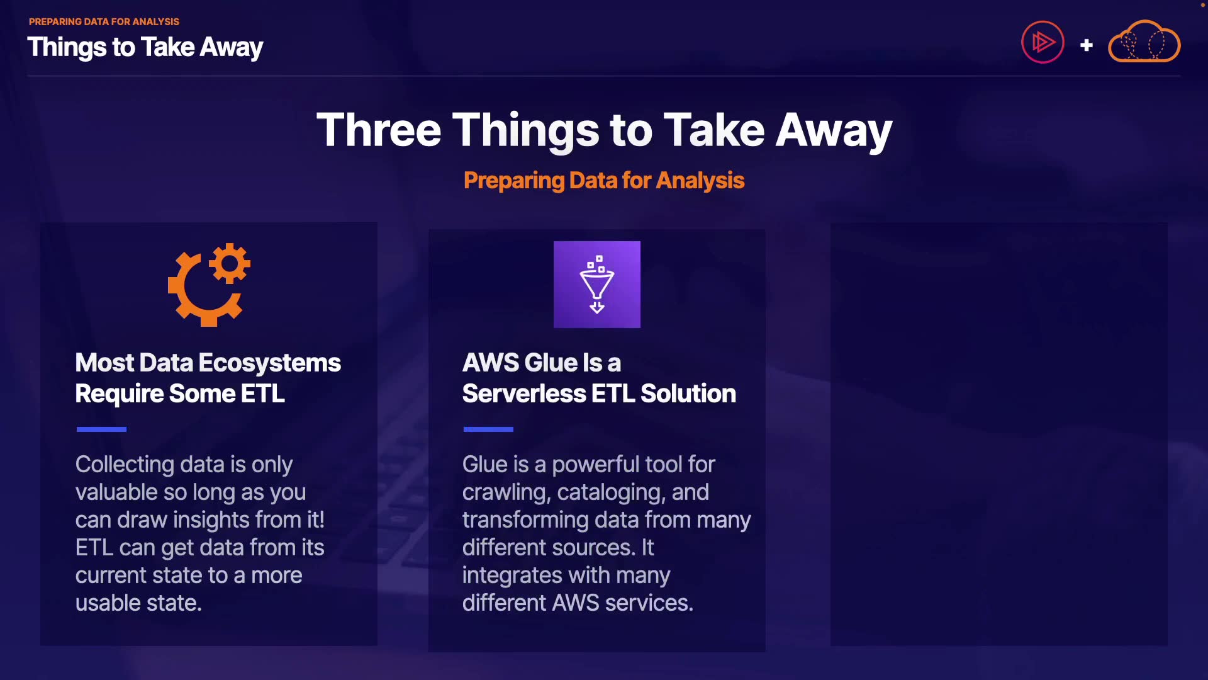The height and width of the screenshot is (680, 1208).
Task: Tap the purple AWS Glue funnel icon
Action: (597, 285)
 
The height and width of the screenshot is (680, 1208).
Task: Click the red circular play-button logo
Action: (1043, 42)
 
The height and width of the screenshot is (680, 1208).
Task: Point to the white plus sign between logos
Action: (1087, 45)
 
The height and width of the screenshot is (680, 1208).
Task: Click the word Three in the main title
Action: (379, 130)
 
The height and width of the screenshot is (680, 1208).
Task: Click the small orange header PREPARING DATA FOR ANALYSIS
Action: (104, 21)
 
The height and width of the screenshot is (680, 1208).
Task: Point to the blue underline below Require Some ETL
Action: (101, 429)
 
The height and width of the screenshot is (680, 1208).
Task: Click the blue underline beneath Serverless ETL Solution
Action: (488, 429)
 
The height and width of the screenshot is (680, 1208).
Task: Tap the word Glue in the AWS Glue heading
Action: (551, 363)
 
